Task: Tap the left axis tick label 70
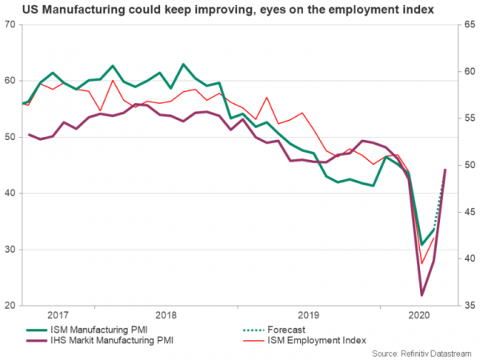11,24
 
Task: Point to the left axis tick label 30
11,250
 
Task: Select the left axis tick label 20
11,306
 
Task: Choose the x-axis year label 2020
416,315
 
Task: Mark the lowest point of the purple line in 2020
421,295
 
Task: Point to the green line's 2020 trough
422,244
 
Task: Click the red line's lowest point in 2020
422,264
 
